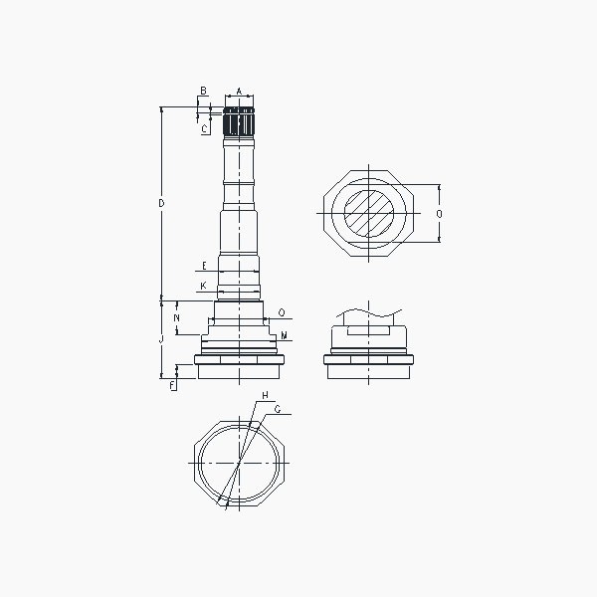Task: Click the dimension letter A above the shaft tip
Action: pyautogui.click(x=239, y=92)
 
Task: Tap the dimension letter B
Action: pyautogui.click(x=203, y=91)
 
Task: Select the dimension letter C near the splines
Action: pyautogui.click(x=205, y=128)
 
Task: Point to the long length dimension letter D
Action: pyautogui.click(x=161, y=203)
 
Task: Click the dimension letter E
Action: pyautogui.click(x=204, y=266)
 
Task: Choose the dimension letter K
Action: pyautogui.click(x=203, y=286)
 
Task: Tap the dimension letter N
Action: pyautogui.click(x=176, y=318)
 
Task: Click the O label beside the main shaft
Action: pyautogui.click(x=282, y=313)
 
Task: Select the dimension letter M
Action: pyautogui.click(x=284, y=335)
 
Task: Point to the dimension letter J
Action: pyautogui.click(x=161, y=339)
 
